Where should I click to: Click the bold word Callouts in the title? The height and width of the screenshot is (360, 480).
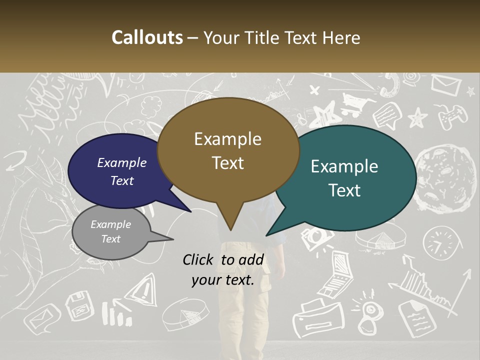[147, 37]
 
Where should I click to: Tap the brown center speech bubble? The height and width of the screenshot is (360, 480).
[228, 150]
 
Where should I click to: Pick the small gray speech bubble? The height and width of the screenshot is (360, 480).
[110, 232]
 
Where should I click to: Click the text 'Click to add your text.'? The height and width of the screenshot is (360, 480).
[223, 269]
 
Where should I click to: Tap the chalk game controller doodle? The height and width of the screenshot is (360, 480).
[452, 117]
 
